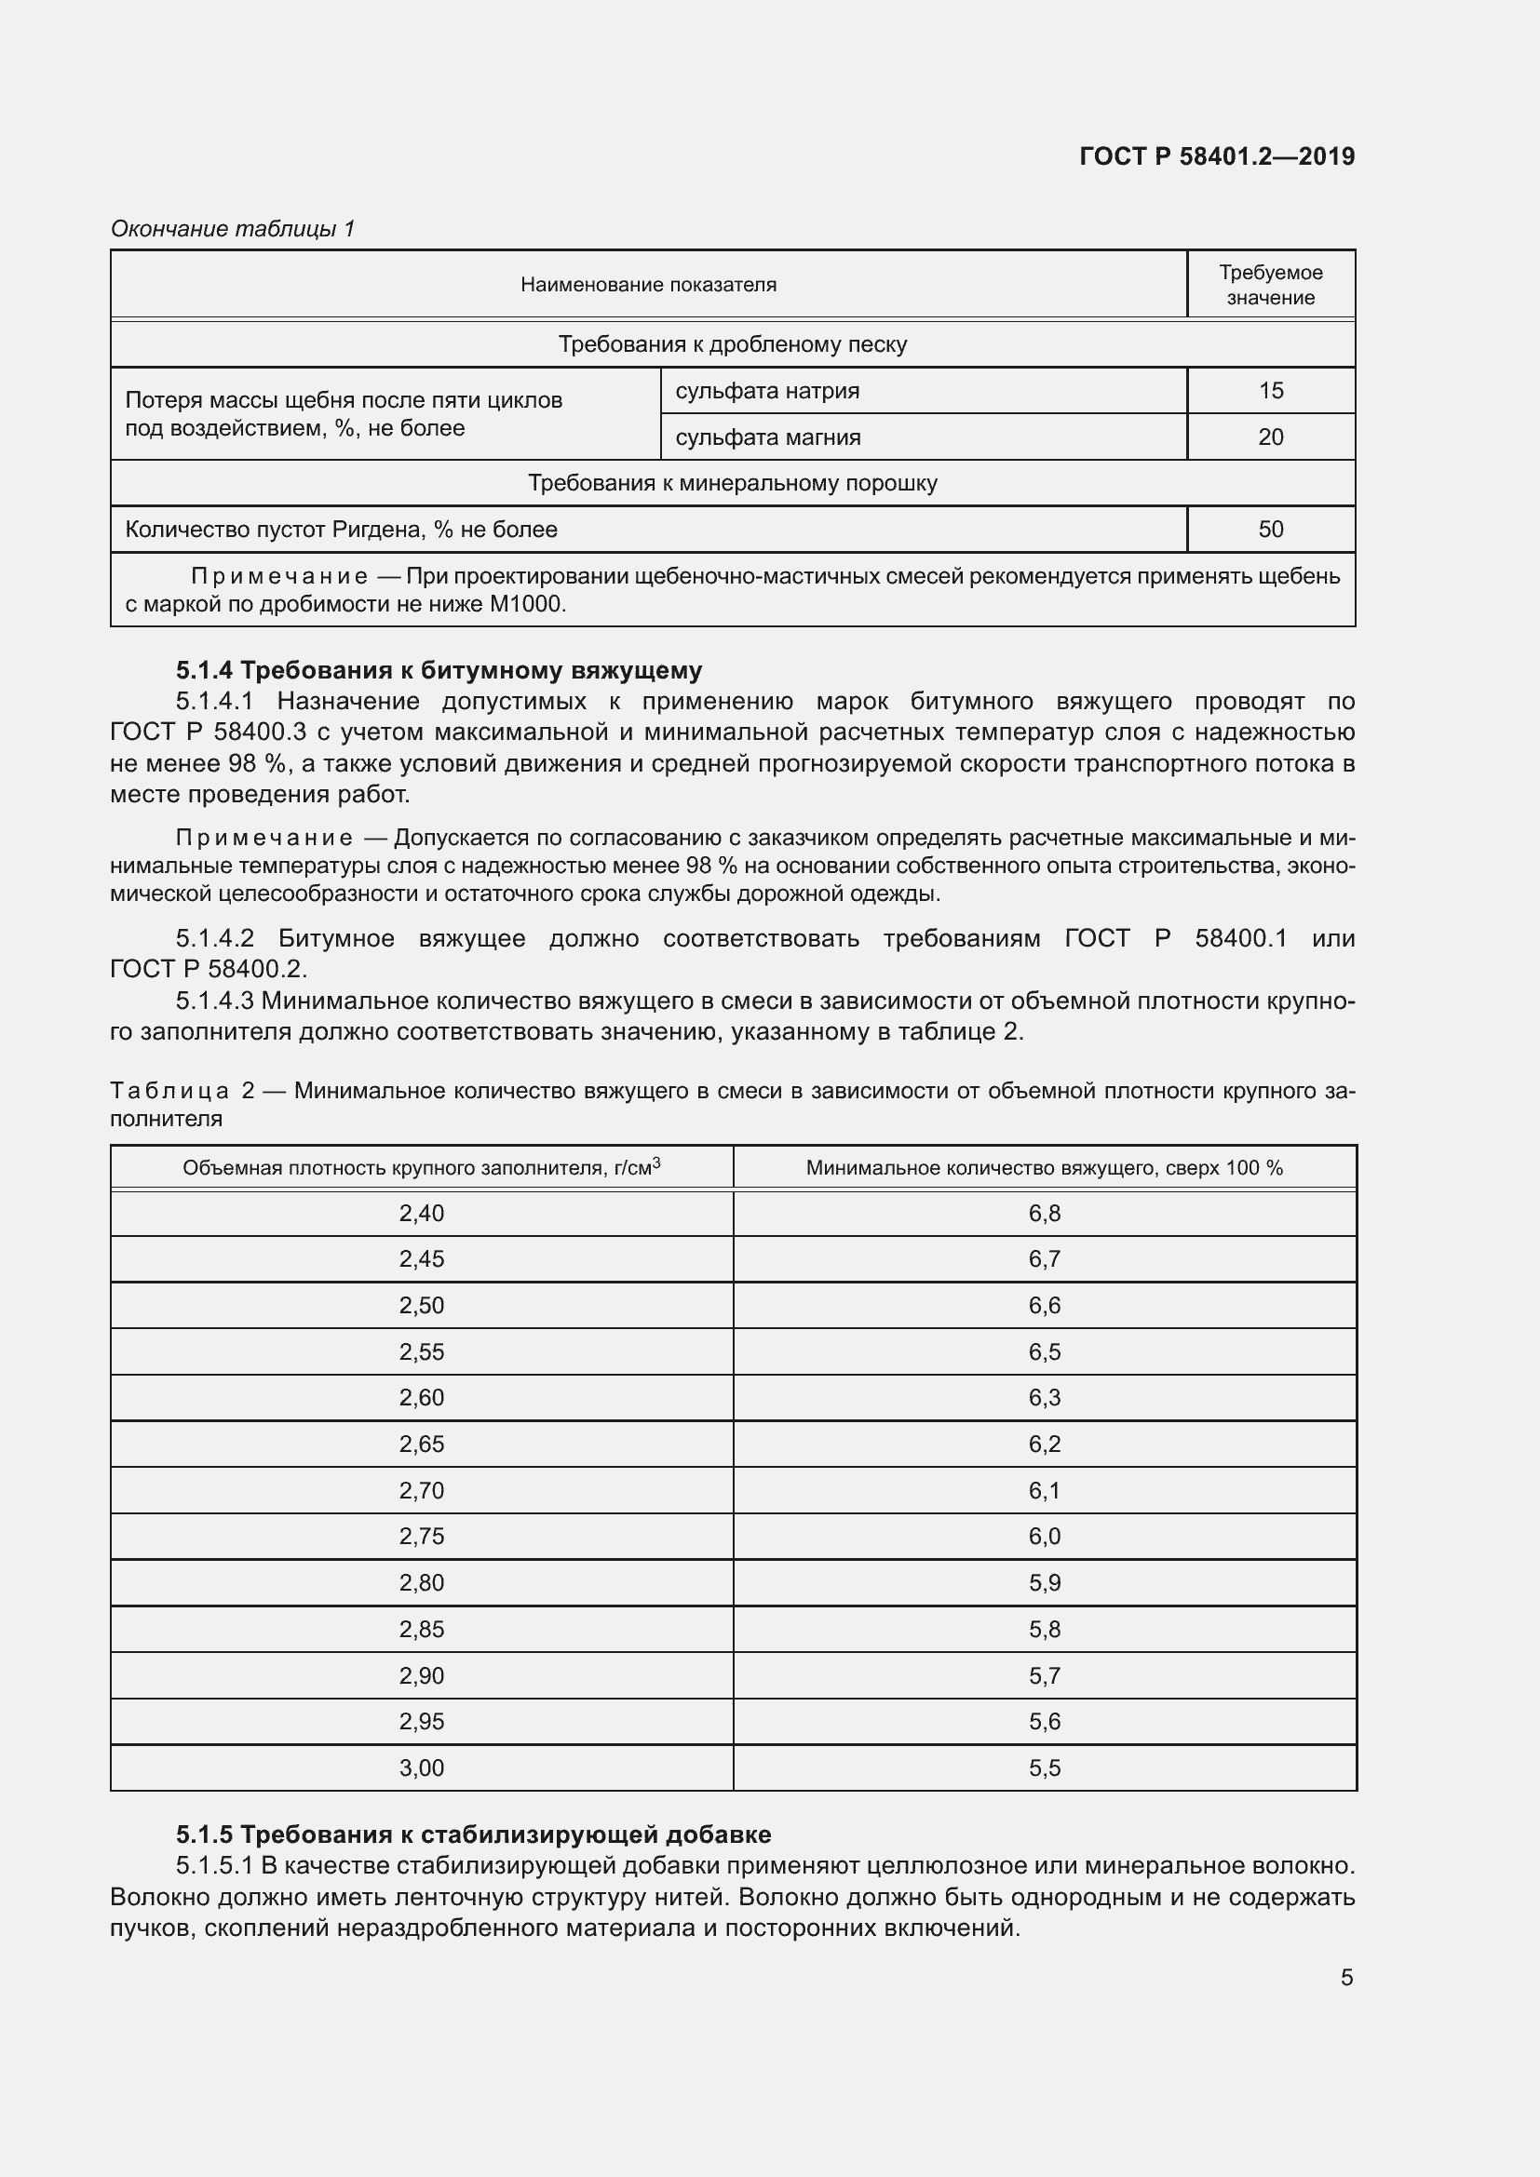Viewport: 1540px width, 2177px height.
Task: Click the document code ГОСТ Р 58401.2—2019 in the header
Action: pos(1217,156)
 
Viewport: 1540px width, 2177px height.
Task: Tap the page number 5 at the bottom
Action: pos(1346,1977)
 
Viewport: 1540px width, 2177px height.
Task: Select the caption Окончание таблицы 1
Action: pos(233,229)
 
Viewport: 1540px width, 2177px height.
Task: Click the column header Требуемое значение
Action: pos(1270,285)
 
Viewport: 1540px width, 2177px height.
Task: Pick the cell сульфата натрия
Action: pos(767,391)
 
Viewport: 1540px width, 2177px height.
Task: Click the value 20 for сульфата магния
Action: pos(1270,437)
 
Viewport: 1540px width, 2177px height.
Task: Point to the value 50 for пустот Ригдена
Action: pos(1270,529)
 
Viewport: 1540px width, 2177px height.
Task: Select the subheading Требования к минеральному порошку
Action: pos(732,484)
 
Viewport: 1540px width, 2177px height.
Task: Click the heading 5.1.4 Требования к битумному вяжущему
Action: pos(439,670)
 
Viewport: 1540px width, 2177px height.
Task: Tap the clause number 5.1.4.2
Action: pos(215,938)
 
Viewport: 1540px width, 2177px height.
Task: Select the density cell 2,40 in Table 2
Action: pos(421,1213)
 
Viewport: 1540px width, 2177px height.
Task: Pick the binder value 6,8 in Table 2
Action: pos(1044,1213)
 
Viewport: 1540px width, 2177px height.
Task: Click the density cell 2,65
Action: pos(421,1445)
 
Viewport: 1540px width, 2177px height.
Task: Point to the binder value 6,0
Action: pos(1044,1536)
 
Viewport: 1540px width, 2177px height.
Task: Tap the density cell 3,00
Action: pos(421,1767)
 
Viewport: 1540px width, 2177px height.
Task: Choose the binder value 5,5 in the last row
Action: pos(1044,1767)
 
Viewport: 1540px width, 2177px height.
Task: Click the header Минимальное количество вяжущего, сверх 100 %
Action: pos(1044,1168)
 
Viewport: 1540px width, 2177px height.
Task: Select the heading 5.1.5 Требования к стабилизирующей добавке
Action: pos(472,1834)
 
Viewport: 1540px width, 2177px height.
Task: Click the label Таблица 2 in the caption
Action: pos(182,1091)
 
